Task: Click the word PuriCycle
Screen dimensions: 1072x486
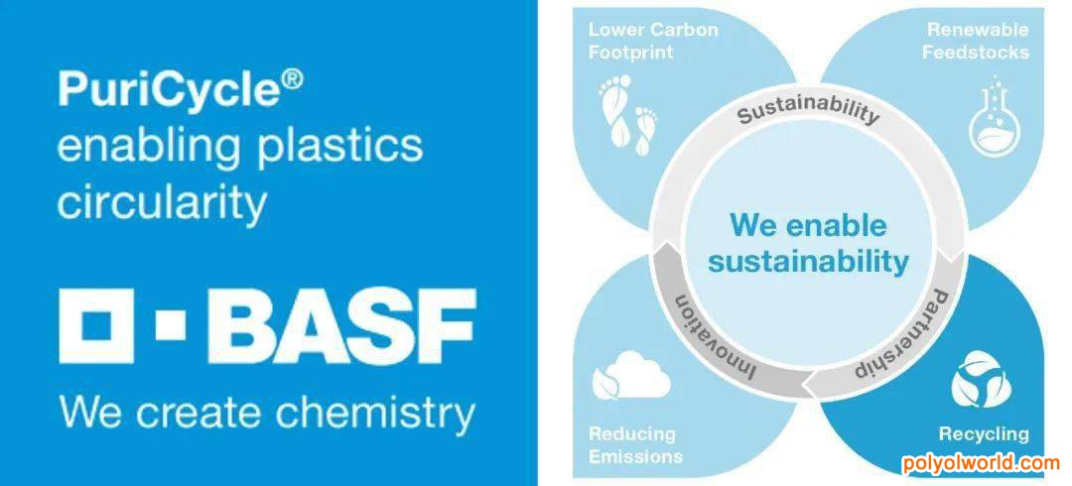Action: (171, 92)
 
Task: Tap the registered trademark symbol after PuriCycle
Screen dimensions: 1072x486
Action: (293, 81)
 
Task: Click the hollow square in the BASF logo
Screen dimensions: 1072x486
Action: (96, 325)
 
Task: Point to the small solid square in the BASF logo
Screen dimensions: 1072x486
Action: (171, 325)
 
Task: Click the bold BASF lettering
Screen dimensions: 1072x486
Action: (348, 325)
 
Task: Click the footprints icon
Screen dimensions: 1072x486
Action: (628, 115)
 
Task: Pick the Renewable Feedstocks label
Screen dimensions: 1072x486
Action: (976, 41)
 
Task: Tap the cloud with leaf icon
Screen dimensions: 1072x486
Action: (630, 375)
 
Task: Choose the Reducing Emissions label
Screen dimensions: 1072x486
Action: (635, 444)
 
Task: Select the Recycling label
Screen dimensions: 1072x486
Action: (983, 434)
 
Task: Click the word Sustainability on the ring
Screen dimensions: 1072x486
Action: (807, 110)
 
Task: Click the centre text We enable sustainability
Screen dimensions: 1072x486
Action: (808, 243)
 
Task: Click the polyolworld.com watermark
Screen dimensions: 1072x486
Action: (981, 463)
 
